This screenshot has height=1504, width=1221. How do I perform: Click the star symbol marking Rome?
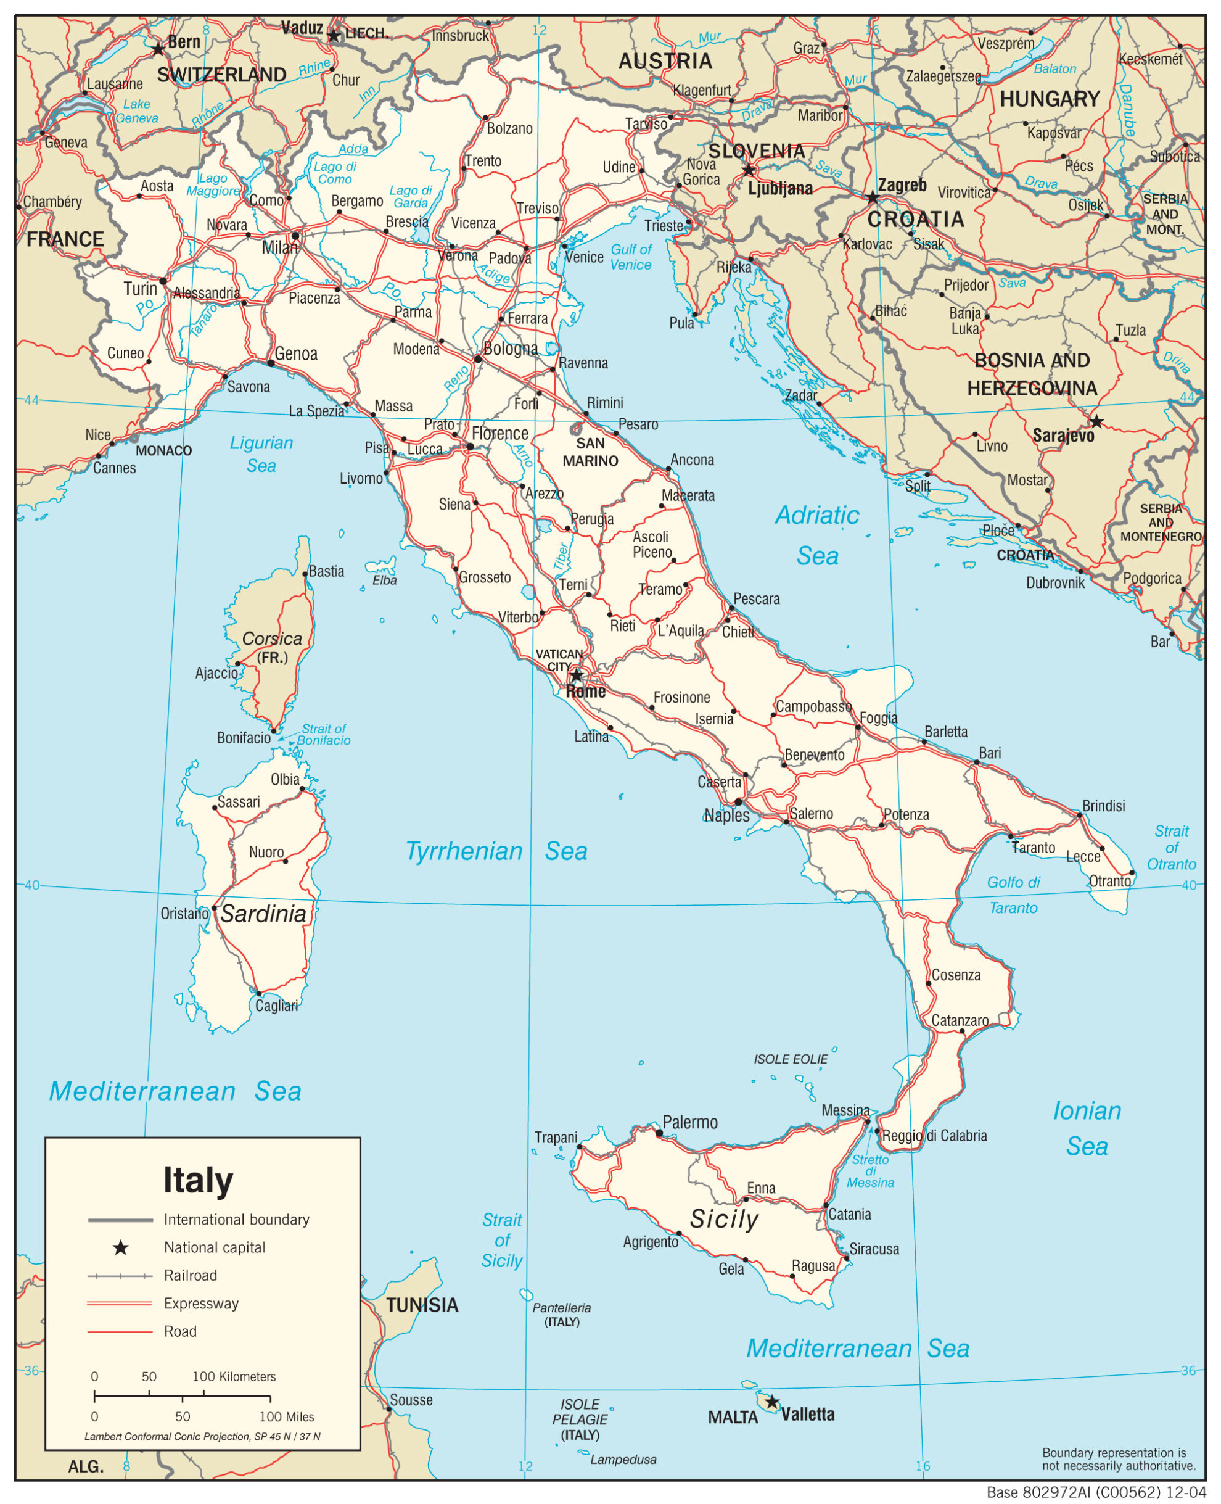576,676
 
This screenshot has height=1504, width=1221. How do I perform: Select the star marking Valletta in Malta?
771,1402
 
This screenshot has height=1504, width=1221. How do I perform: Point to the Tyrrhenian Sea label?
496,851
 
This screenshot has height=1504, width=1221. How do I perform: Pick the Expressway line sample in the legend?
120,1304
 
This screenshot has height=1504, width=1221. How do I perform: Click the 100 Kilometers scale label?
234,1377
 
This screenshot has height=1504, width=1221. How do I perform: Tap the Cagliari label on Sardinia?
276,1006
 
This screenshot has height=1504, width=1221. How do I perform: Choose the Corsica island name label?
271,638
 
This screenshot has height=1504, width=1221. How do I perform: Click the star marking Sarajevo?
1096,421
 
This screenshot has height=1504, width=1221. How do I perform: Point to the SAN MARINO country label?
590,452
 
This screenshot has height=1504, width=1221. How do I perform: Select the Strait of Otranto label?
1171,848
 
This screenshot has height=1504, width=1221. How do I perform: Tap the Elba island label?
385,581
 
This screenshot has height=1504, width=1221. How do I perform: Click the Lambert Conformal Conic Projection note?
202,1437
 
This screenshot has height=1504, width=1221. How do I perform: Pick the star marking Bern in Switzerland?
158,49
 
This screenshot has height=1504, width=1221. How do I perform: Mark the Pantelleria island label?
561,1308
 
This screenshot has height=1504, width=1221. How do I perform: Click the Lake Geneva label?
136,111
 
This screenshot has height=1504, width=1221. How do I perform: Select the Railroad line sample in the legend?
120,1275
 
